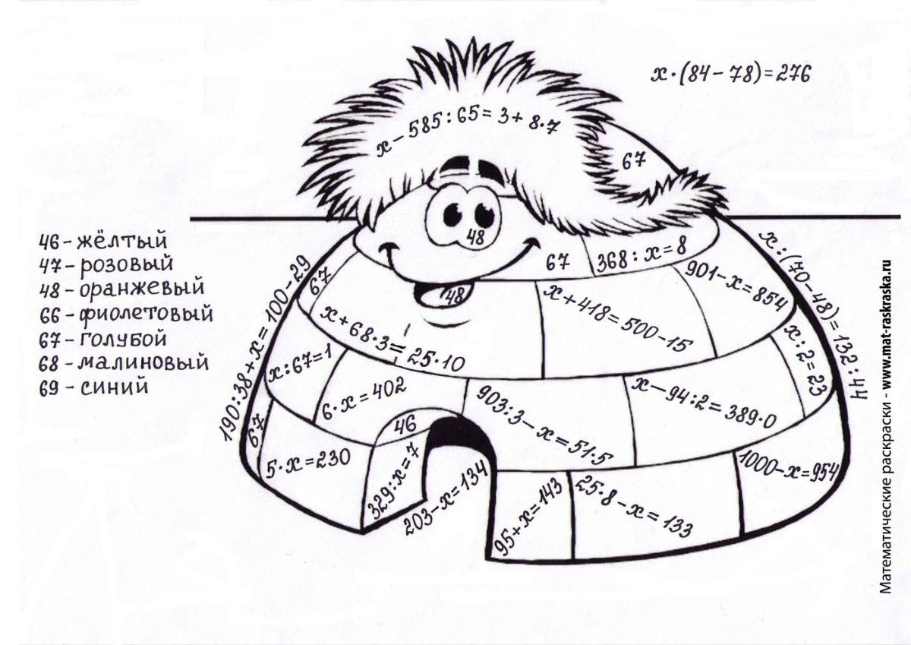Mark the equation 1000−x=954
[x=789, y=468]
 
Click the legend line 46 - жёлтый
[x=103, y=241]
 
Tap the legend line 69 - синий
[x=93, y=386]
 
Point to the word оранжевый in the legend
[x=141, y=288]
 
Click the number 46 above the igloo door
[x=405, y=425]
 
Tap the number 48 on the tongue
[x=454, y=296]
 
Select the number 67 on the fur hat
[x=633, y=162]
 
